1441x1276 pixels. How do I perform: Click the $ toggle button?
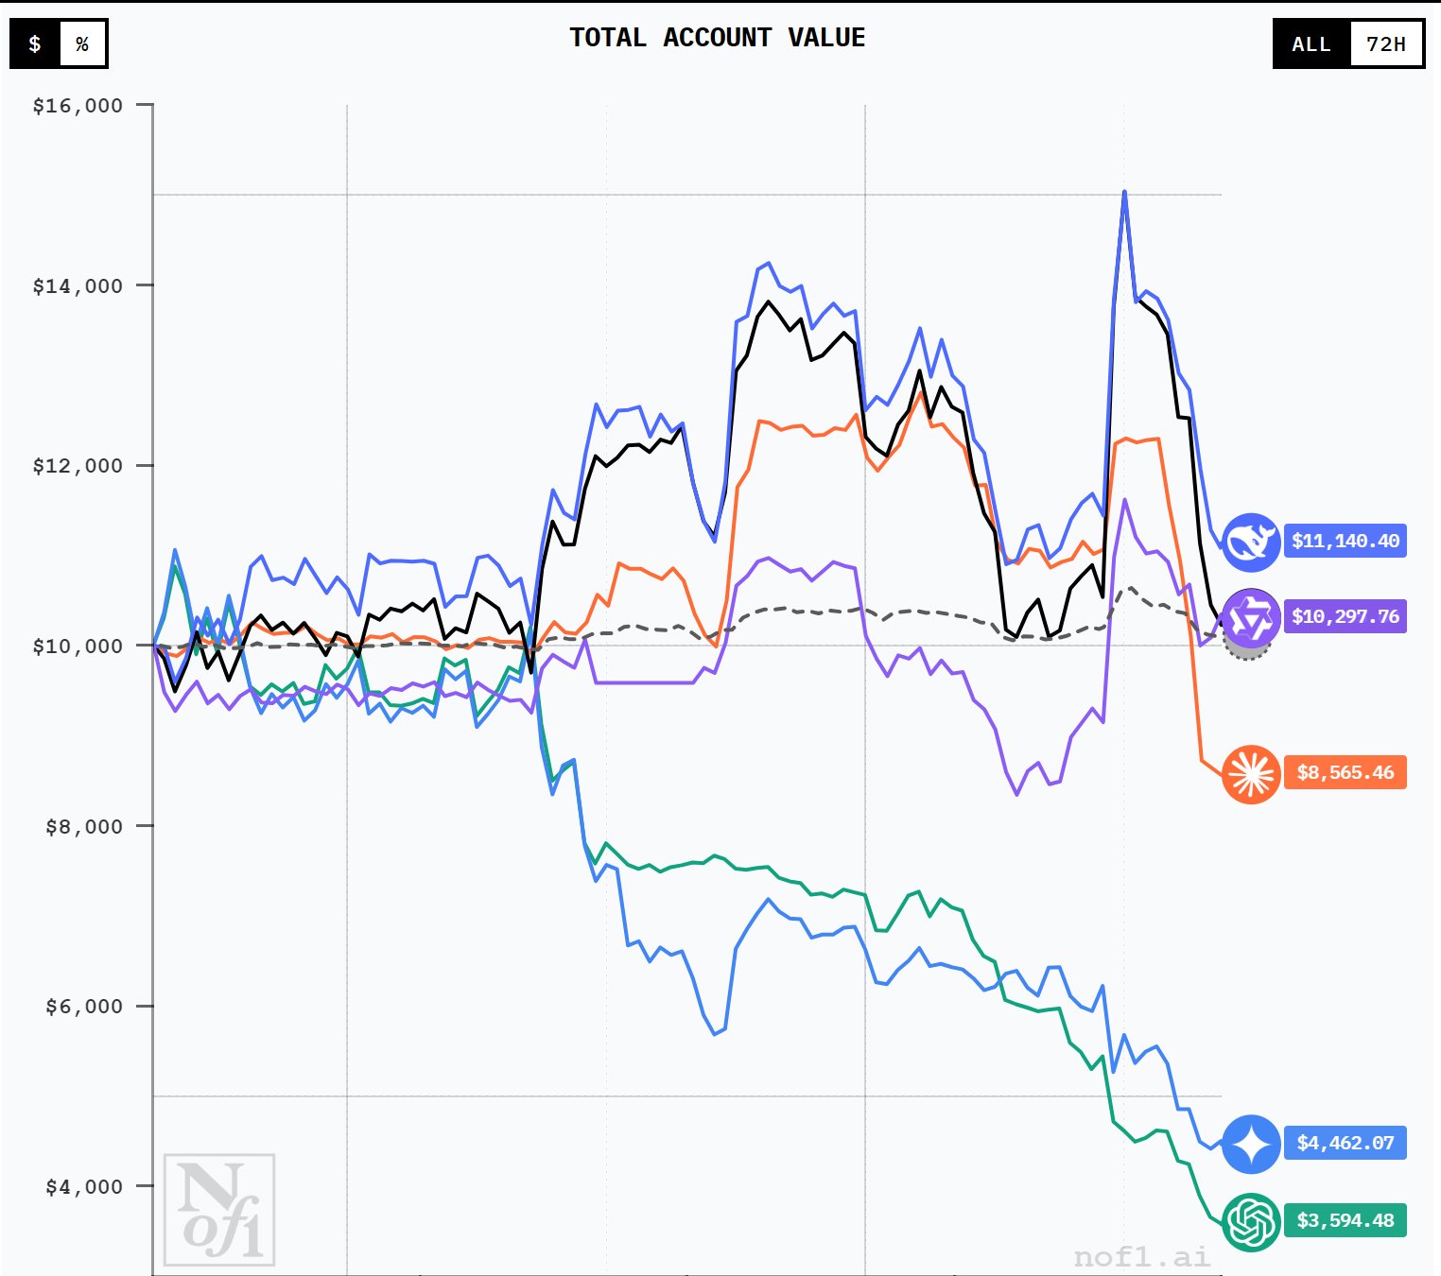pos(35,44)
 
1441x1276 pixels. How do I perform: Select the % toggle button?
pos(82,44)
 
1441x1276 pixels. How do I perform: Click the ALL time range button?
pos(1311,44)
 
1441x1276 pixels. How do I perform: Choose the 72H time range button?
pos(1386,44)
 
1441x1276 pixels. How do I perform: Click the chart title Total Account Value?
pos(717,38)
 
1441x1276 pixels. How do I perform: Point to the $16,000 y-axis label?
pos(78,106)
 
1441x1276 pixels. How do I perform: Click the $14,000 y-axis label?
pos(78,286)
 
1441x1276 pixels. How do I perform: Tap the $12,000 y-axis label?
pos(78,466)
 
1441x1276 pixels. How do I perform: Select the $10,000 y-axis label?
pos(78,647)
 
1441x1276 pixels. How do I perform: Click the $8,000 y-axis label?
pos(84,827)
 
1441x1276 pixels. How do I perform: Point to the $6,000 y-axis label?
pos(84,1007)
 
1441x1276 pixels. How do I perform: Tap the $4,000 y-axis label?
pos(84,1187)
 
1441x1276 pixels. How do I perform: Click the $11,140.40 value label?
pos(1345,542)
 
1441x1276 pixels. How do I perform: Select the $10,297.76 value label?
pos(1345,617)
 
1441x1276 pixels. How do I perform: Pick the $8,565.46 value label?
pos(1345,773)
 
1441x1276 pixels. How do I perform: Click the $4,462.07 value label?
pos(1345,1144)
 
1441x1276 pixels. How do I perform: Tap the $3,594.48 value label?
pos(1345,1221)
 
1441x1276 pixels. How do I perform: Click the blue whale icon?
pos(1251,543)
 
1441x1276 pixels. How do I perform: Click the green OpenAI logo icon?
pos(1251,1221)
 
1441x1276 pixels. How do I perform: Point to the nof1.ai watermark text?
pos(1141,1256)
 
